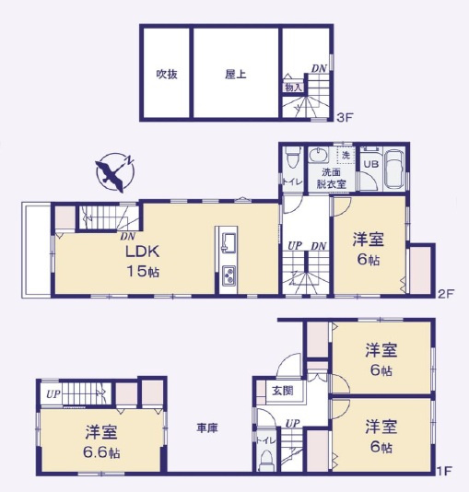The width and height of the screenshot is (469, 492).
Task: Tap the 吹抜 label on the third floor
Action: click(165, 74)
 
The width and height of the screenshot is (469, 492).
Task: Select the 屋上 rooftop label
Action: click(235, 74)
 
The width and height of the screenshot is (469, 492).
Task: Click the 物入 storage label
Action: click(293, 87)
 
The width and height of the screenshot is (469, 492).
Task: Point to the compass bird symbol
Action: click(112, 172)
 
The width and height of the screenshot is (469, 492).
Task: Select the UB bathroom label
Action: click(369, 163)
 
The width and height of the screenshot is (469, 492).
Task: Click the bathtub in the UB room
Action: click(392, 169)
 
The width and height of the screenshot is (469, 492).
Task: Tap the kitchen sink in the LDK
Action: click(229, 244)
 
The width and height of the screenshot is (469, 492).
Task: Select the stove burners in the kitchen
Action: click(229, 275)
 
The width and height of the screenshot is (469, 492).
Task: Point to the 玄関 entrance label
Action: click(281, 391)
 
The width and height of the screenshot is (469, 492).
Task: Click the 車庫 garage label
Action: click(206, 428)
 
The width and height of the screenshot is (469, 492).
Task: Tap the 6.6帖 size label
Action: click(101, 452)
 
